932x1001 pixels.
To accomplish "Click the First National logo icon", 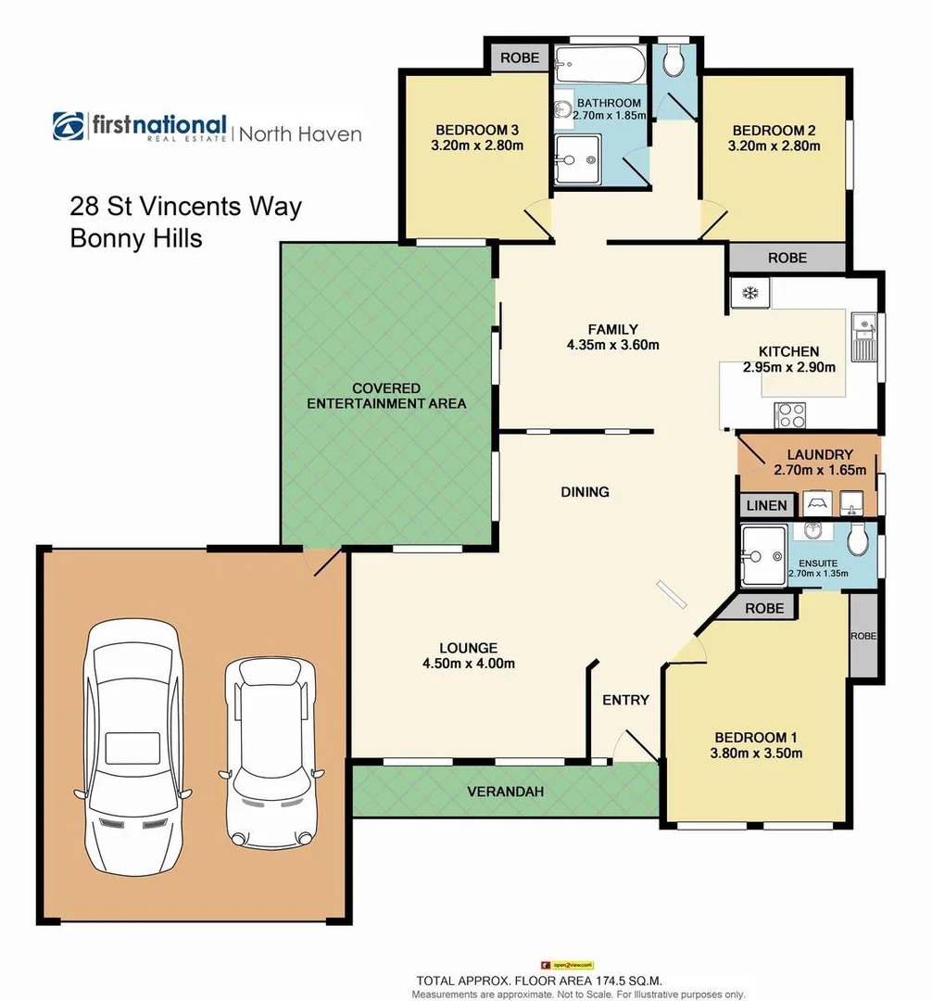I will [69, 127].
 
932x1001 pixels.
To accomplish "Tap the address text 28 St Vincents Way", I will [186, 205].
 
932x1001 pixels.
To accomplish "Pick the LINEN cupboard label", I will [766, 505].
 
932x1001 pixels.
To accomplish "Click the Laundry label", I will [819, 454].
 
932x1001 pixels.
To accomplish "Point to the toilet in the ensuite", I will [857, 539].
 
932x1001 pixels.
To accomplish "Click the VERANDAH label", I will [505, 792].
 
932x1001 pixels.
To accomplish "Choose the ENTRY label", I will [625, 700].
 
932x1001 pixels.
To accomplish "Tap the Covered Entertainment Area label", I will [386, 396].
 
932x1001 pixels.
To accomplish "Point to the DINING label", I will [585, 491].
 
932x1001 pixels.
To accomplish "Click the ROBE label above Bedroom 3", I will [520, 57].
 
